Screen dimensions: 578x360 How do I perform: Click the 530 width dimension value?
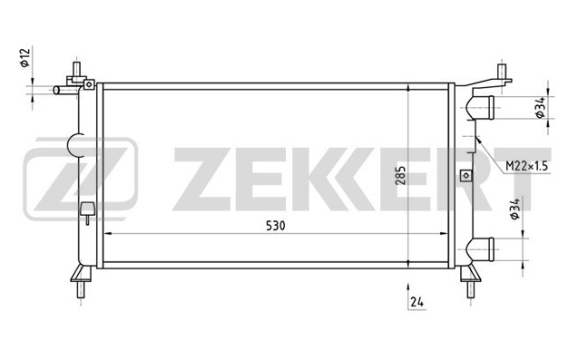coord(275,226)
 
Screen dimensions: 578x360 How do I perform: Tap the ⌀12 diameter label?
coord(24,58)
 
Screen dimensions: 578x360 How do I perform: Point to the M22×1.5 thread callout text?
coord(526,166)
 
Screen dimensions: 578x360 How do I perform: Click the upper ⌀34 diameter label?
coord(540,108)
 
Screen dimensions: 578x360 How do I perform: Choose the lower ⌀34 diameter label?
coord(515,209)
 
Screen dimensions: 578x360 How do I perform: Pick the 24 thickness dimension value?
coord(416,302)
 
